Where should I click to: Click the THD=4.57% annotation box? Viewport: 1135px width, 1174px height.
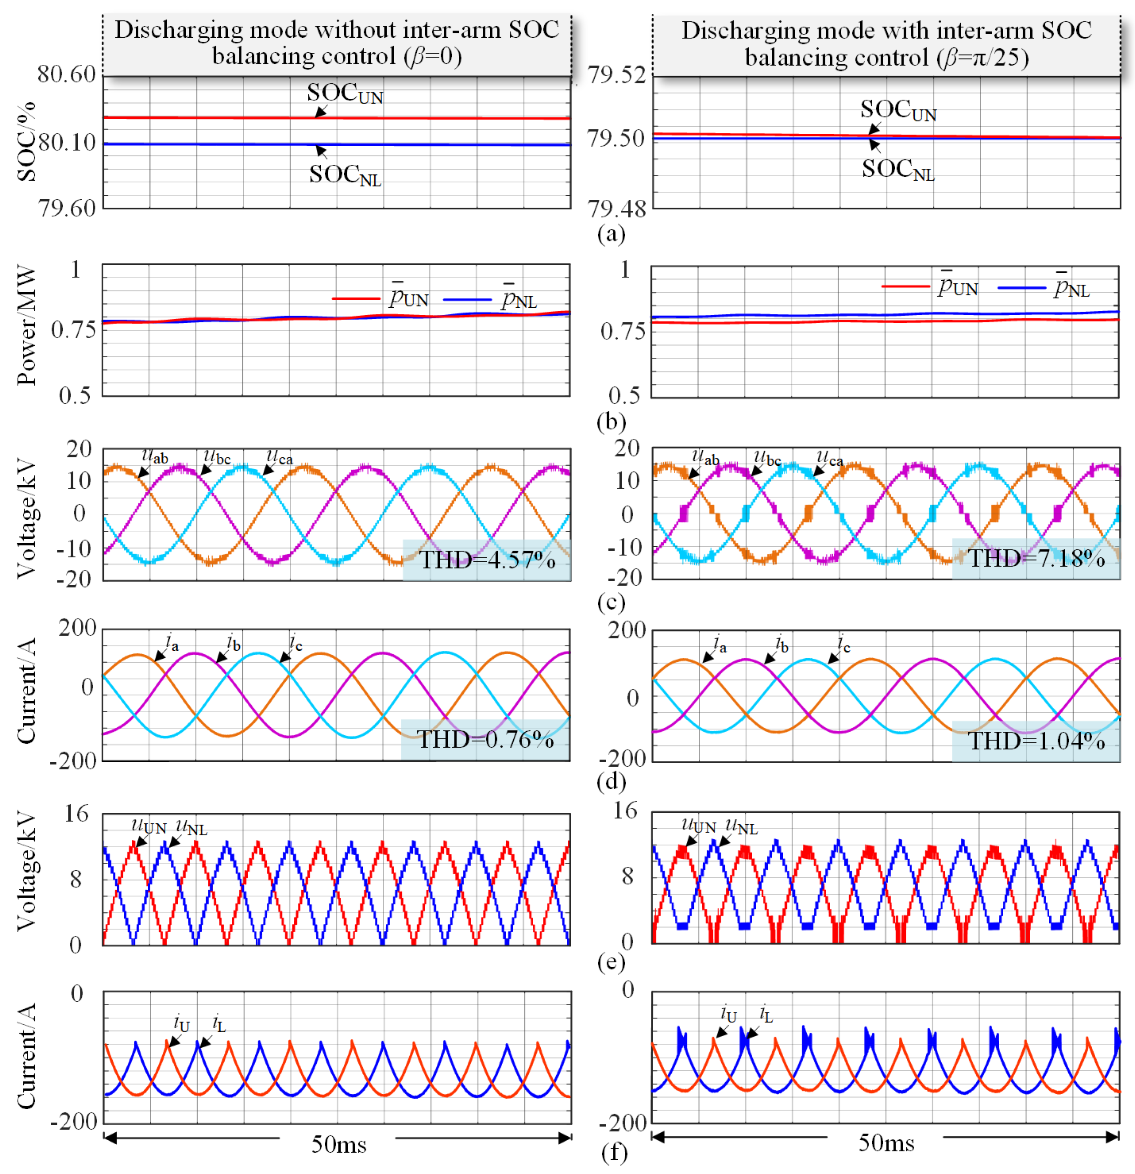click(x=486, y=559)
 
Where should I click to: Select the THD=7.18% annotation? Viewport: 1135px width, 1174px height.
click(x=1036, y=558)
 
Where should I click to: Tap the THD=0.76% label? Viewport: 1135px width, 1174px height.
click(x=485, y=740)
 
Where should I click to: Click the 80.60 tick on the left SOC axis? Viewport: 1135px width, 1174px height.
click(x=66, y=74)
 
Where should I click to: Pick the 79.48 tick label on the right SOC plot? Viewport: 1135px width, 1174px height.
click(x=617, y=208)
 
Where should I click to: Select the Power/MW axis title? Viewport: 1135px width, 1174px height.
click(x=26, y=326)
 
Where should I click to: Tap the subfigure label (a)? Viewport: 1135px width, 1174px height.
click(x=611, y=233)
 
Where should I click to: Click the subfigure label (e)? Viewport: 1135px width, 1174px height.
click(x=611, y=962)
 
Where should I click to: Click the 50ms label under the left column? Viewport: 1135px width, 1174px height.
click(x=338, y=1145)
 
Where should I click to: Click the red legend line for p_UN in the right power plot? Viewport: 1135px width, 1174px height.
click(x=905, y=287)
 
